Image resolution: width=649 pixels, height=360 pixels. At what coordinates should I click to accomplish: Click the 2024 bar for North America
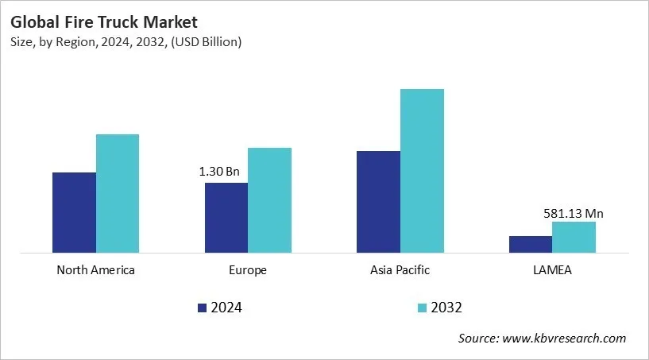[x=74, y=213]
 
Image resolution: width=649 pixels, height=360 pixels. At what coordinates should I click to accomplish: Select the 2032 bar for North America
[x=118, y=194]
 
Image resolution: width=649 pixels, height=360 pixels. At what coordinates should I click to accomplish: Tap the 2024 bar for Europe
[x=226, y=218]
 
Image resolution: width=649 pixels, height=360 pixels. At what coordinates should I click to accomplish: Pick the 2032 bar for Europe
[x=269, y=200]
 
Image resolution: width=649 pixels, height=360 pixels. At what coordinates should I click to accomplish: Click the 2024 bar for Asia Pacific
[x=378, y=202]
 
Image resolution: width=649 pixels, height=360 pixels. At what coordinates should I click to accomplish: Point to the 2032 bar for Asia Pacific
[x=422, y=171]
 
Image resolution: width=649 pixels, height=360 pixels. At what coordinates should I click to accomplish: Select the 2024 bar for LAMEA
[x=530, y=245]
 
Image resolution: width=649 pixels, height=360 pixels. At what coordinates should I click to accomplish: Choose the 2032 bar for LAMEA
[x=574, y=238]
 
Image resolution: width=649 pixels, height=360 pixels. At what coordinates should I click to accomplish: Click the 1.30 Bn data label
[x=218, y=171]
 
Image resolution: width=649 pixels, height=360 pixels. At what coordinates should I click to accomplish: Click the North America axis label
[x=95, y=270]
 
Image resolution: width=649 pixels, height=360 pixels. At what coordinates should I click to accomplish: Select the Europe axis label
[x=247, y=270]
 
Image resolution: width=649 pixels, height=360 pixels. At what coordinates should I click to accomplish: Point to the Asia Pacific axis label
[x=400, y=270]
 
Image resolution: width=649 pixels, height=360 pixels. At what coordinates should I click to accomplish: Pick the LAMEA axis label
[x=551, y=270]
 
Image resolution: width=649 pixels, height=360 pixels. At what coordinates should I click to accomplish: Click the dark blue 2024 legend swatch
[x=202, y=308]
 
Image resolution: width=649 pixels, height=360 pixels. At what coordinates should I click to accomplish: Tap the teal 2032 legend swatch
[x=423, y=308]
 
